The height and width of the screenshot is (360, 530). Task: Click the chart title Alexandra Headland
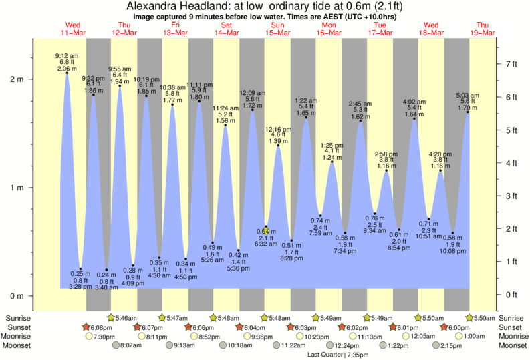[x=265, y=6]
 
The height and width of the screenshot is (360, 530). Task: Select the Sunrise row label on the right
[x=511, y=318]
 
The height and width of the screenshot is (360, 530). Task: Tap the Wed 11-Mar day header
[x=74, y=29]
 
